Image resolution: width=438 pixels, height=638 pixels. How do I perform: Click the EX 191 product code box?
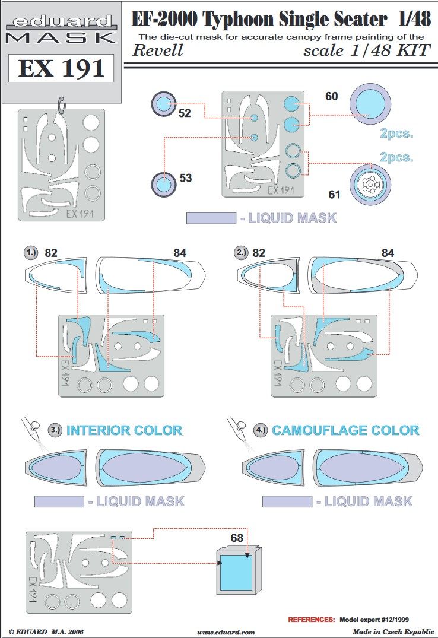[61, 69]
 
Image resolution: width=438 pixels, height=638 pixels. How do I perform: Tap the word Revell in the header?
[157, 50]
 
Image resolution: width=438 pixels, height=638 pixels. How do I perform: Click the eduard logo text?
[61, 23]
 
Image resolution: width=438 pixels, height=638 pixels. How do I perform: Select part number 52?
[185, 112]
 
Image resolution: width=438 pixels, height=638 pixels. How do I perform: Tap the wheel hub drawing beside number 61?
[369, 185]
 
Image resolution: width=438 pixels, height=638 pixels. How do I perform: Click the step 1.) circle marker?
[31, 252]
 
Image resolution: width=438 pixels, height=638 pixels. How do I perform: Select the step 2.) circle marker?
[241, 252]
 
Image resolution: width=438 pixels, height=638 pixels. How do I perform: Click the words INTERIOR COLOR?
[124, 430]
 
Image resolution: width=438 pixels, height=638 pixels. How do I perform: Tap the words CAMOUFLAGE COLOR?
[345, 430]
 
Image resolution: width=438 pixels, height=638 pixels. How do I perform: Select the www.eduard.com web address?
[226, 632]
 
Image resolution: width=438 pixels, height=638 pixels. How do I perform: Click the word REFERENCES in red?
[312, 619]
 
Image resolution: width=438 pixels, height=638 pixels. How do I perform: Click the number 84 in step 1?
[180, 253]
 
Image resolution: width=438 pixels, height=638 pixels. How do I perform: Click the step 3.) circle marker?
[55, 430]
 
